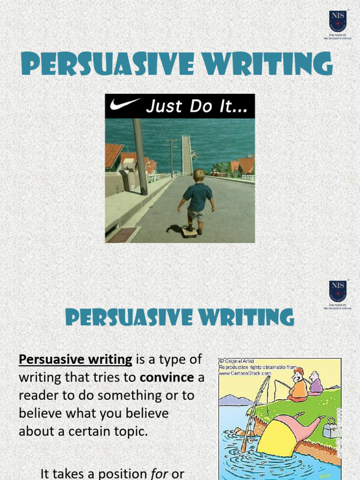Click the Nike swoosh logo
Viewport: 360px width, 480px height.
pyautogui.click(x=125, y=105)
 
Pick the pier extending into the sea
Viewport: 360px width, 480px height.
pyautogui.click(x=187, y=154)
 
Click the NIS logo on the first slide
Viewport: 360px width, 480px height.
pyautogui.click(x=337, y=22)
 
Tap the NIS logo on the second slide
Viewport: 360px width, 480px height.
pyautogui.click(x=337, y=292)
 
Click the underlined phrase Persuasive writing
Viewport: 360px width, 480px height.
pyautogui.click(x=75, y=360)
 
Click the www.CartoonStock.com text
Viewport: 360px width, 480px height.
pyautogui.click(x=245, y=373)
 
